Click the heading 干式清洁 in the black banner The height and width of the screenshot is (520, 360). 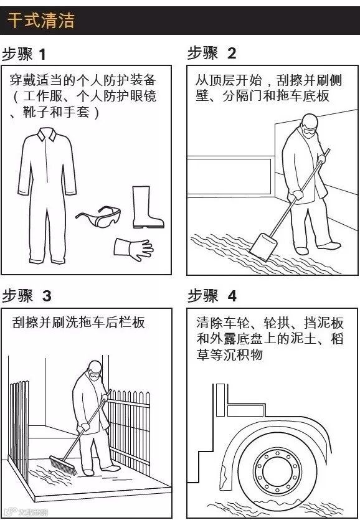41,20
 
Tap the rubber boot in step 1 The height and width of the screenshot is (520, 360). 146,207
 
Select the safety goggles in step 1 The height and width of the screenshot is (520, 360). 99,216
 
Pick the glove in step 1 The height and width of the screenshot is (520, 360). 133,249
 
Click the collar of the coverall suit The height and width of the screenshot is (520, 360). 47,135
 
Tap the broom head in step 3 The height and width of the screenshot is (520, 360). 63,465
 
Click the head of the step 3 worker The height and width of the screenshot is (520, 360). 95,371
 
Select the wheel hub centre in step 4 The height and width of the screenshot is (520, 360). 277,471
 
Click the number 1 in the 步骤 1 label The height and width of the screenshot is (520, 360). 42,55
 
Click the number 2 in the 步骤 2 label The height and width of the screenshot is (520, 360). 232,54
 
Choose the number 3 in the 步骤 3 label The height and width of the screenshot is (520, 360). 47,296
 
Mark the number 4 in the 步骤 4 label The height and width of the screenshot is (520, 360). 232,296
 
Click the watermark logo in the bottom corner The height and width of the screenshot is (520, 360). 27,512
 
